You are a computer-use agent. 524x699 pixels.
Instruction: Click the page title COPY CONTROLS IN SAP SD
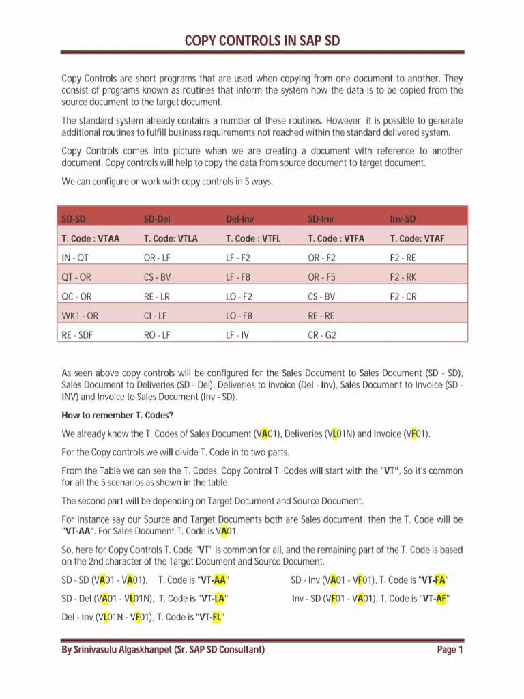pyautogui.click(x=262, y=41)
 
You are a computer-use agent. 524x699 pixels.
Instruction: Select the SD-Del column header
pyautogui.click(x=157, y=219)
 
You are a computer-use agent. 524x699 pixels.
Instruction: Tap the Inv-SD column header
pyautogui.click(x=403, y=219)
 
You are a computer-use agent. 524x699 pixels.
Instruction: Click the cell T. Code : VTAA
pyautogui.click(x=90, y=238)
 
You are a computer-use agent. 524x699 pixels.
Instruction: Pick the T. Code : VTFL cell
pyautogui.click(x=253, y=238)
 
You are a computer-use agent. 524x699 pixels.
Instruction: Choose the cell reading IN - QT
pyautogui.click(x=75, y=258)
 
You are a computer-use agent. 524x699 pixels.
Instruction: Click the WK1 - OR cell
pyautogui.click(x=80, y=316)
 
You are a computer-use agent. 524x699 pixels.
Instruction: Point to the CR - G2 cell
pyautogui.click(x=322, y=336)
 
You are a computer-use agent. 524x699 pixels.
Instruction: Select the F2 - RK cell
pyautogui.click(x=403, y=277)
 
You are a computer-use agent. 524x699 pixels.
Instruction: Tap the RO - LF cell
pyautogui.click(x=157, y=336)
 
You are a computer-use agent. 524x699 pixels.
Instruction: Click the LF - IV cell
pyautogui.click(x=237, y=336)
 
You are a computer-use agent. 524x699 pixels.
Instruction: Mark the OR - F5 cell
pyautogui.click(x=322, y=277)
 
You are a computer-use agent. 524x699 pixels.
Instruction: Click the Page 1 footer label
pyautogui.click(x=450, y=650)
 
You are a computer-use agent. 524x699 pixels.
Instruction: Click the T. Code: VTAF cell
pyautogui.click(x=417, y=238)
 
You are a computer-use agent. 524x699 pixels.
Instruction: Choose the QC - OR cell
pyautogui.click(x=76, y=297)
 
